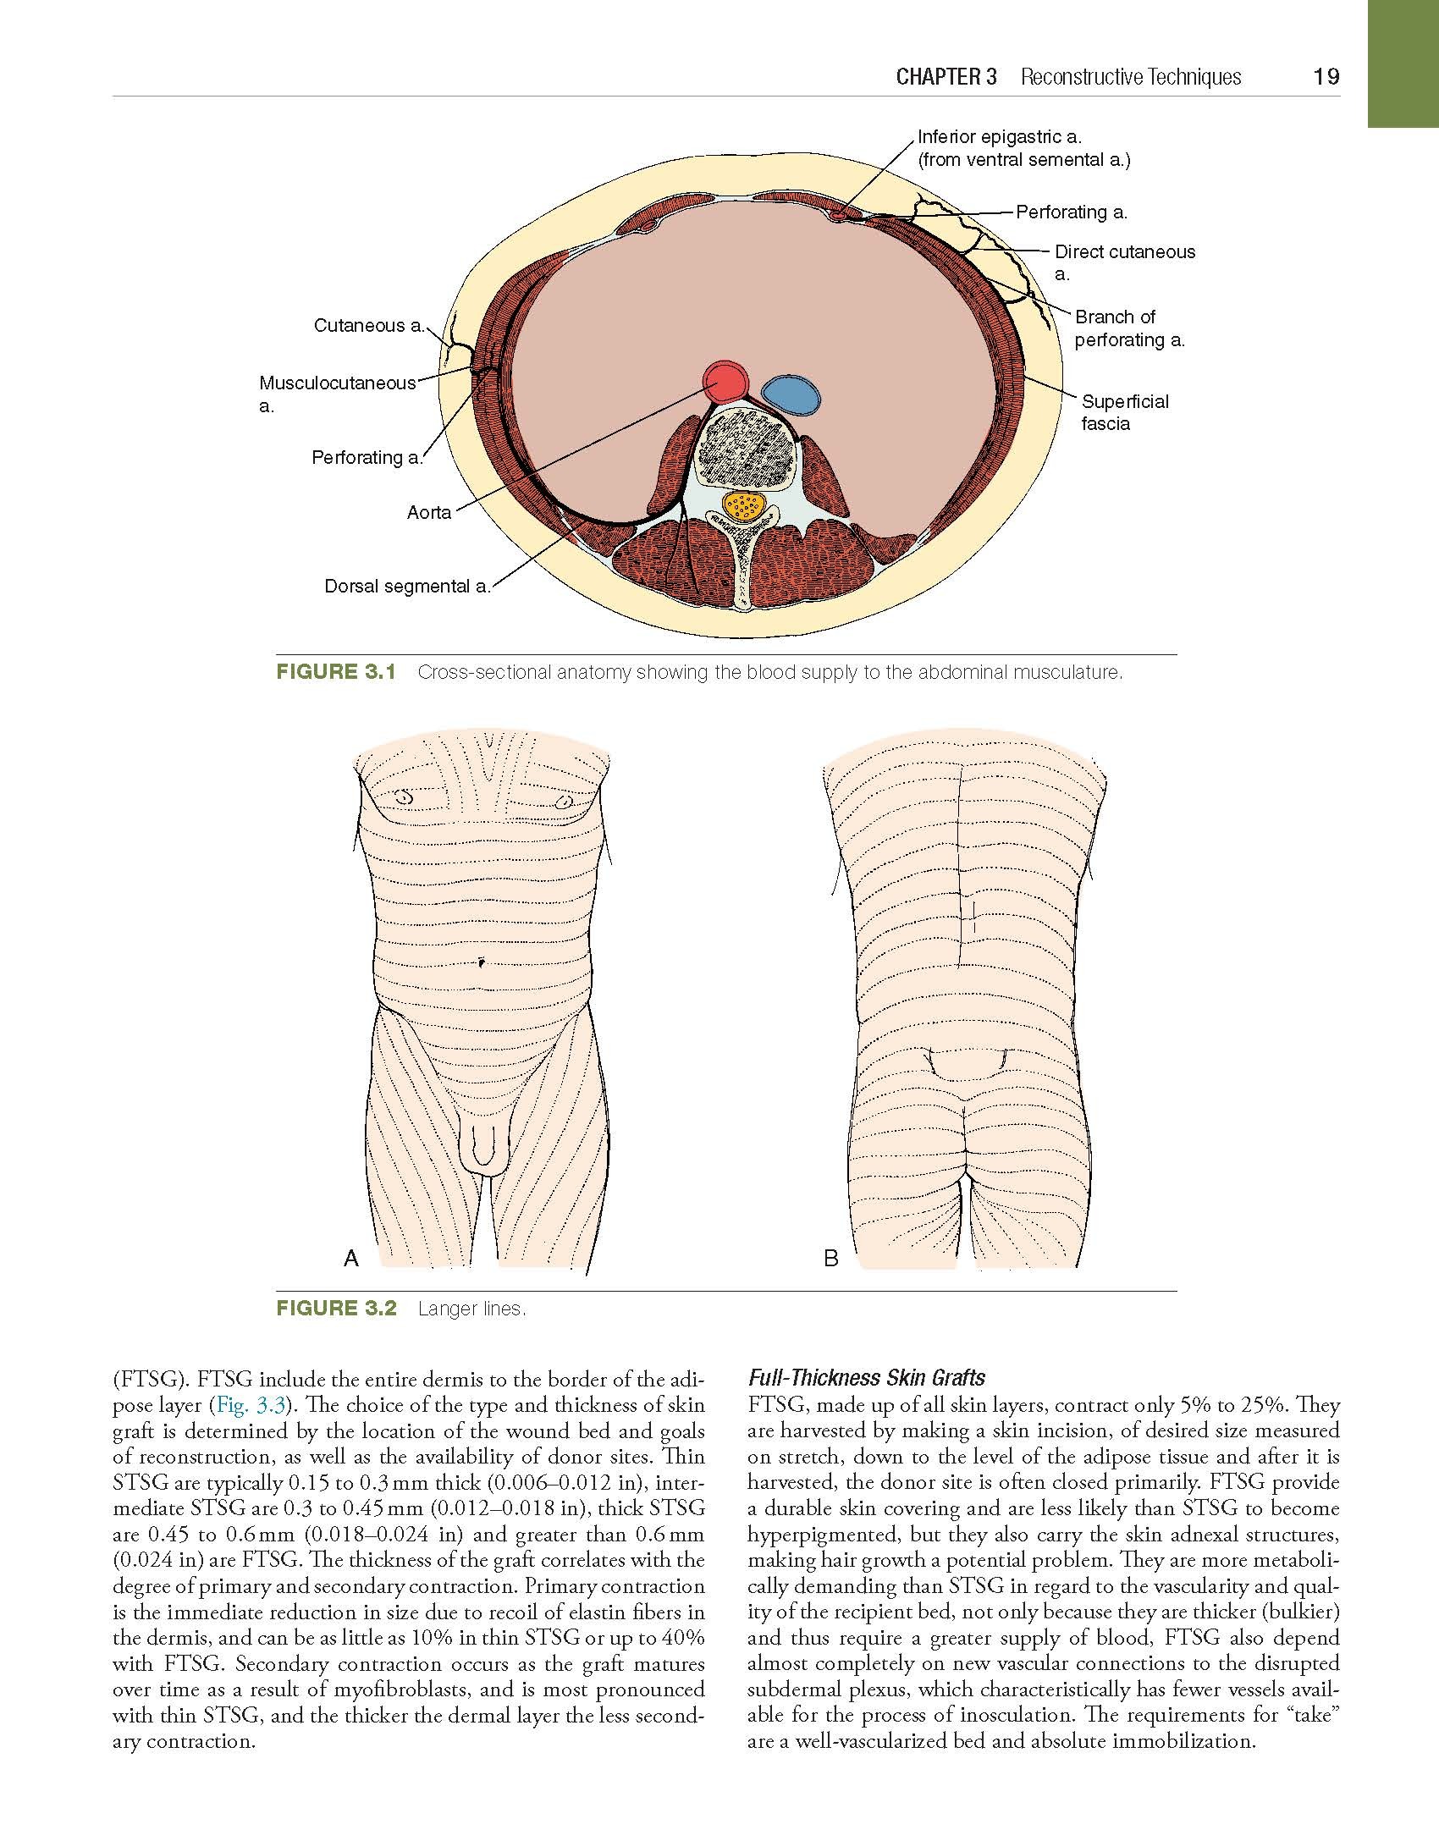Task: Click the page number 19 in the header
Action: click(x=1326, y=77)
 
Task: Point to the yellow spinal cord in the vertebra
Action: click(x=745, y=507)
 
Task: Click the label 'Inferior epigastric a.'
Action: click(x=1001, y=137)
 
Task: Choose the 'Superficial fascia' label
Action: click(x=1124, y=412)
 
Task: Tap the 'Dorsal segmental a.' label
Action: click(x=407, y=587)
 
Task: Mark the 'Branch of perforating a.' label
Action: click(x=1129, y=328)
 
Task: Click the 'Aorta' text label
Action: click(x=429, y=512)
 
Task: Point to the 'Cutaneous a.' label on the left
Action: click(x=368, y=326)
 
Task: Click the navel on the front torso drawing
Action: click(x=480, y=961)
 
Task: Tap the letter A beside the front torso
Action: click(x=351, y=1259)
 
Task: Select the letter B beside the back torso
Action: click(x=830, y=1259)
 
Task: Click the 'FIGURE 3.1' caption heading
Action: click(x=336, y=673)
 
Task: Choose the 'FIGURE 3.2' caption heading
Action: click(x=336, y=1309)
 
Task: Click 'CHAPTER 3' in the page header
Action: click(x=946, y=77)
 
